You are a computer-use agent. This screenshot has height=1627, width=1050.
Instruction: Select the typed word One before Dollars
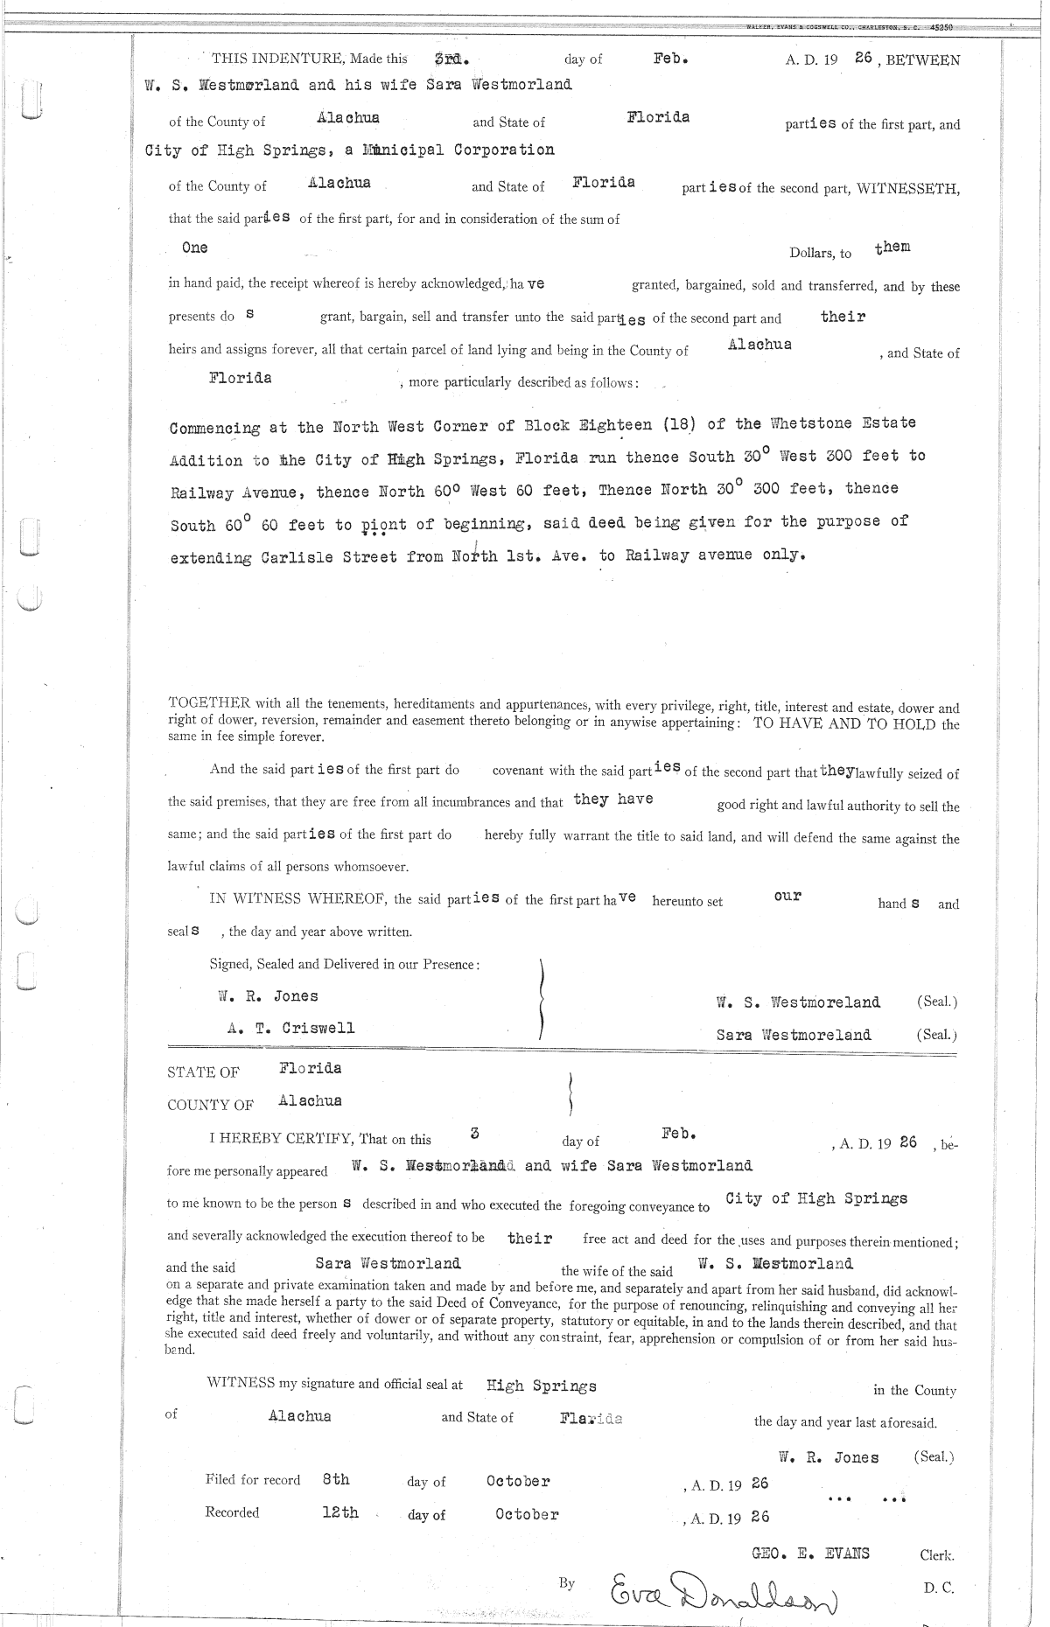tap(194, 248)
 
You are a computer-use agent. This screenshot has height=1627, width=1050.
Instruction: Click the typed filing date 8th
tap(336, 1479)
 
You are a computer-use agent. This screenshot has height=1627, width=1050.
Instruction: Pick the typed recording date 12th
tap(339, 1512)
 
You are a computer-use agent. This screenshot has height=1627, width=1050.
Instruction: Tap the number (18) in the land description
tap(680, 424)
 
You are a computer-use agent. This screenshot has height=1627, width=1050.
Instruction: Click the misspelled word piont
tap(384, 526)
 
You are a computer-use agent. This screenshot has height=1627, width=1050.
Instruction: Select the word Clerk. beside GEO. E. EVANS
tap(937, 1555)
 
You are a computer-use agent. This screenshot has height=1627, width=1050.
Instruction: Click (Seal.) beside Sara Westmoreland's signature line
tap(936, 1035)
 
